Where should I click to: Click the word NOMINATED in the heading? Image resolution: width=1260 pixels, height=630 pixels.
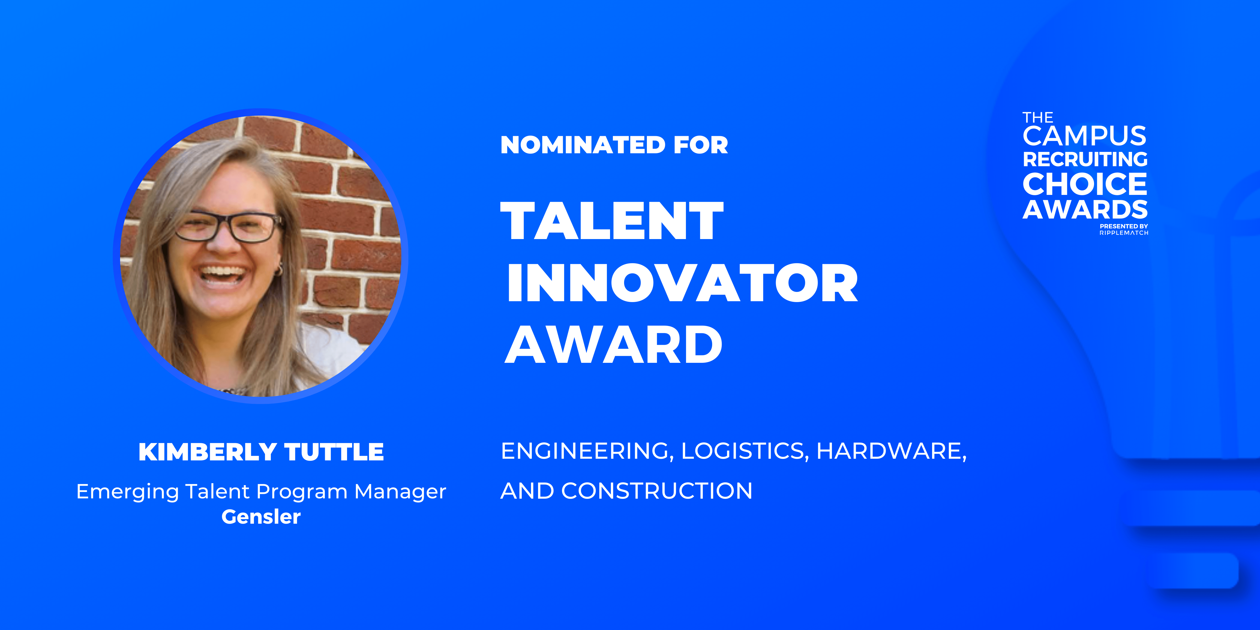(x=582, y=145)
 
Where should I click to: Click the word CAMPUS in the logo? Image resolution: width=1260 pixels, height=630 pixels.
(x=1084, y=136)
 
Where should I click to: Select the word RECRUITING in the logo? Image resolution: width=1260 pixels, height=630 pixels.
(x=1085, y=159)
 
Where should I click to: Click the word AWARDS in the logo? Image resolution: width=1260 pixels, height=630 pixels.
(x=1085, y=210)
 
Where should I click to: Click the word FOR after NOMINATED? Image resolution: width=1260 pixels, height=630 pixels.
(x=700, y=145)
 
